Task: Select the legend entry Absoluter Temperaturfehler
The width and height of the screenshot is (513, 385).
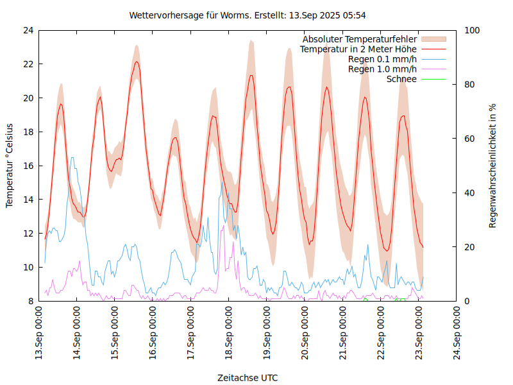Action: [360, 39]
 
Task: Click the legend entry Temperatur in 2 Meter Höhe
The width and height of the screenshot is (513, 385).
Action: [358, 49]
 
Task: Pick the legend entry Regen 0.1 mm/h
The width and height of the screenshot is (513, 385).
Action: [382, 59]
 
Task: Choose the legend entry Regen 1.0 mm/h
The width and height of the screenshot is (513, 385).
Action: [382, 69]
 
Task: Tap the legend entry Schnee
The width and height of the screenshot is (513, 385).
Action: [402, 79]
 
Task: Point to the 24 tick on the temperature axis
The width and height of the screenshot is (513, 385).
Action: [28, 30]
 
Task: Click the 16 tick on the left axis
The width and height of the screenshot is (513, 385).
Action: [28, 166]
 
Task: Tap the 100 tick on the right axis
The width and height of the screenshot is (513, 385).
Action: [473, 30]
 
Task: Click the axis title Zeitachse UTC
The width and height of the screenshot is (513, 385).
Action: [248, 378]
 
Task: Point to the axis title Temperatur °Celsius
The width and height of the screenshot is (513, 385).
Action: [10, 166]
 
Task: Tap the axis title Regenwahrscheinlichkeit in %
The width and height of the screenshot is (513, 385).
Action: [493, 166]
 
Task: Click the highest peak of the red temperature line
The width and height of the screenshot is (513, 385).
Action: [137, 62]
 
